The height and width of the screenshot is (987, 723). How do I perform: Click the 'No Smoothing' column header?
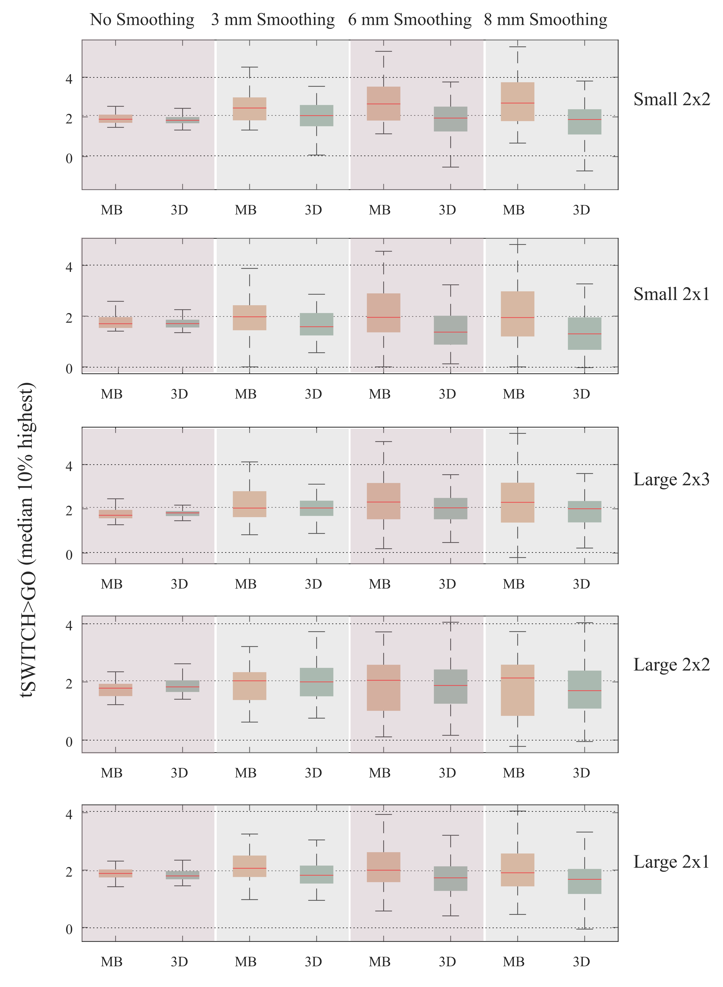coord(142,20)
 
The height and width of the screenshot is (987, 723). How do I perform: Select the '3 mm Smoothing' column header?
coord(273,20)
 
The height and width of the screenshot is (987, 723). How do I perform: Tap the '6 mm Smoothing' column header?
coord(410,20)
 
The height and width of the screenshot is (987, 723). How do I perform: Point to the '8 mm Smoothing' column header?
coord(545,20)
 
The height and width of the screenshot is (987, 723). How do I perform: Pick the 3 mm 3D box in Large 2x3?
coord(316,508)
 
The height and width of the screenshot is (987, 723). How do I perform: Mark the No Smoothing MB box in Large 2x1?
coord(116,873)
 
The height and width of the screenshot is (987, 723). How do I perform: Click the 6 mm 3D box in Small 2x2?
coord(451,119)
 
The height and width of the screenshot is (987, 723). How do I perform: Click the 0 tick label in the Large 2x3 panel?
coord(69,554)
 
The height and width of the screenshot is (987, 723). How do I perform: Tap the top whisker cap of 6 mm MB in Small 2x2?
coord(384,52)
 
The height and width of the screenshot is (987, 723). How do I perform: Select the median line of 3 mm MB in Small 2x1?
coord(249,317)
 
